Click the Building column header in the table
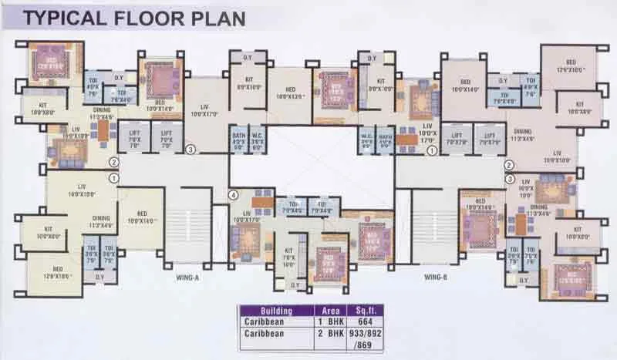[266, 311]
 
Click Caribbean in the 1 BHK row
[266, 322]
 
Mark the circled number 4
[234, 195]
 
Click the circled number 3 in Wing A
[190, 150]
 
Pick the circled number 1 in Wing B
[432, 150]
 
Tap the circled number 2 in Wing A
[113, 163]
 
